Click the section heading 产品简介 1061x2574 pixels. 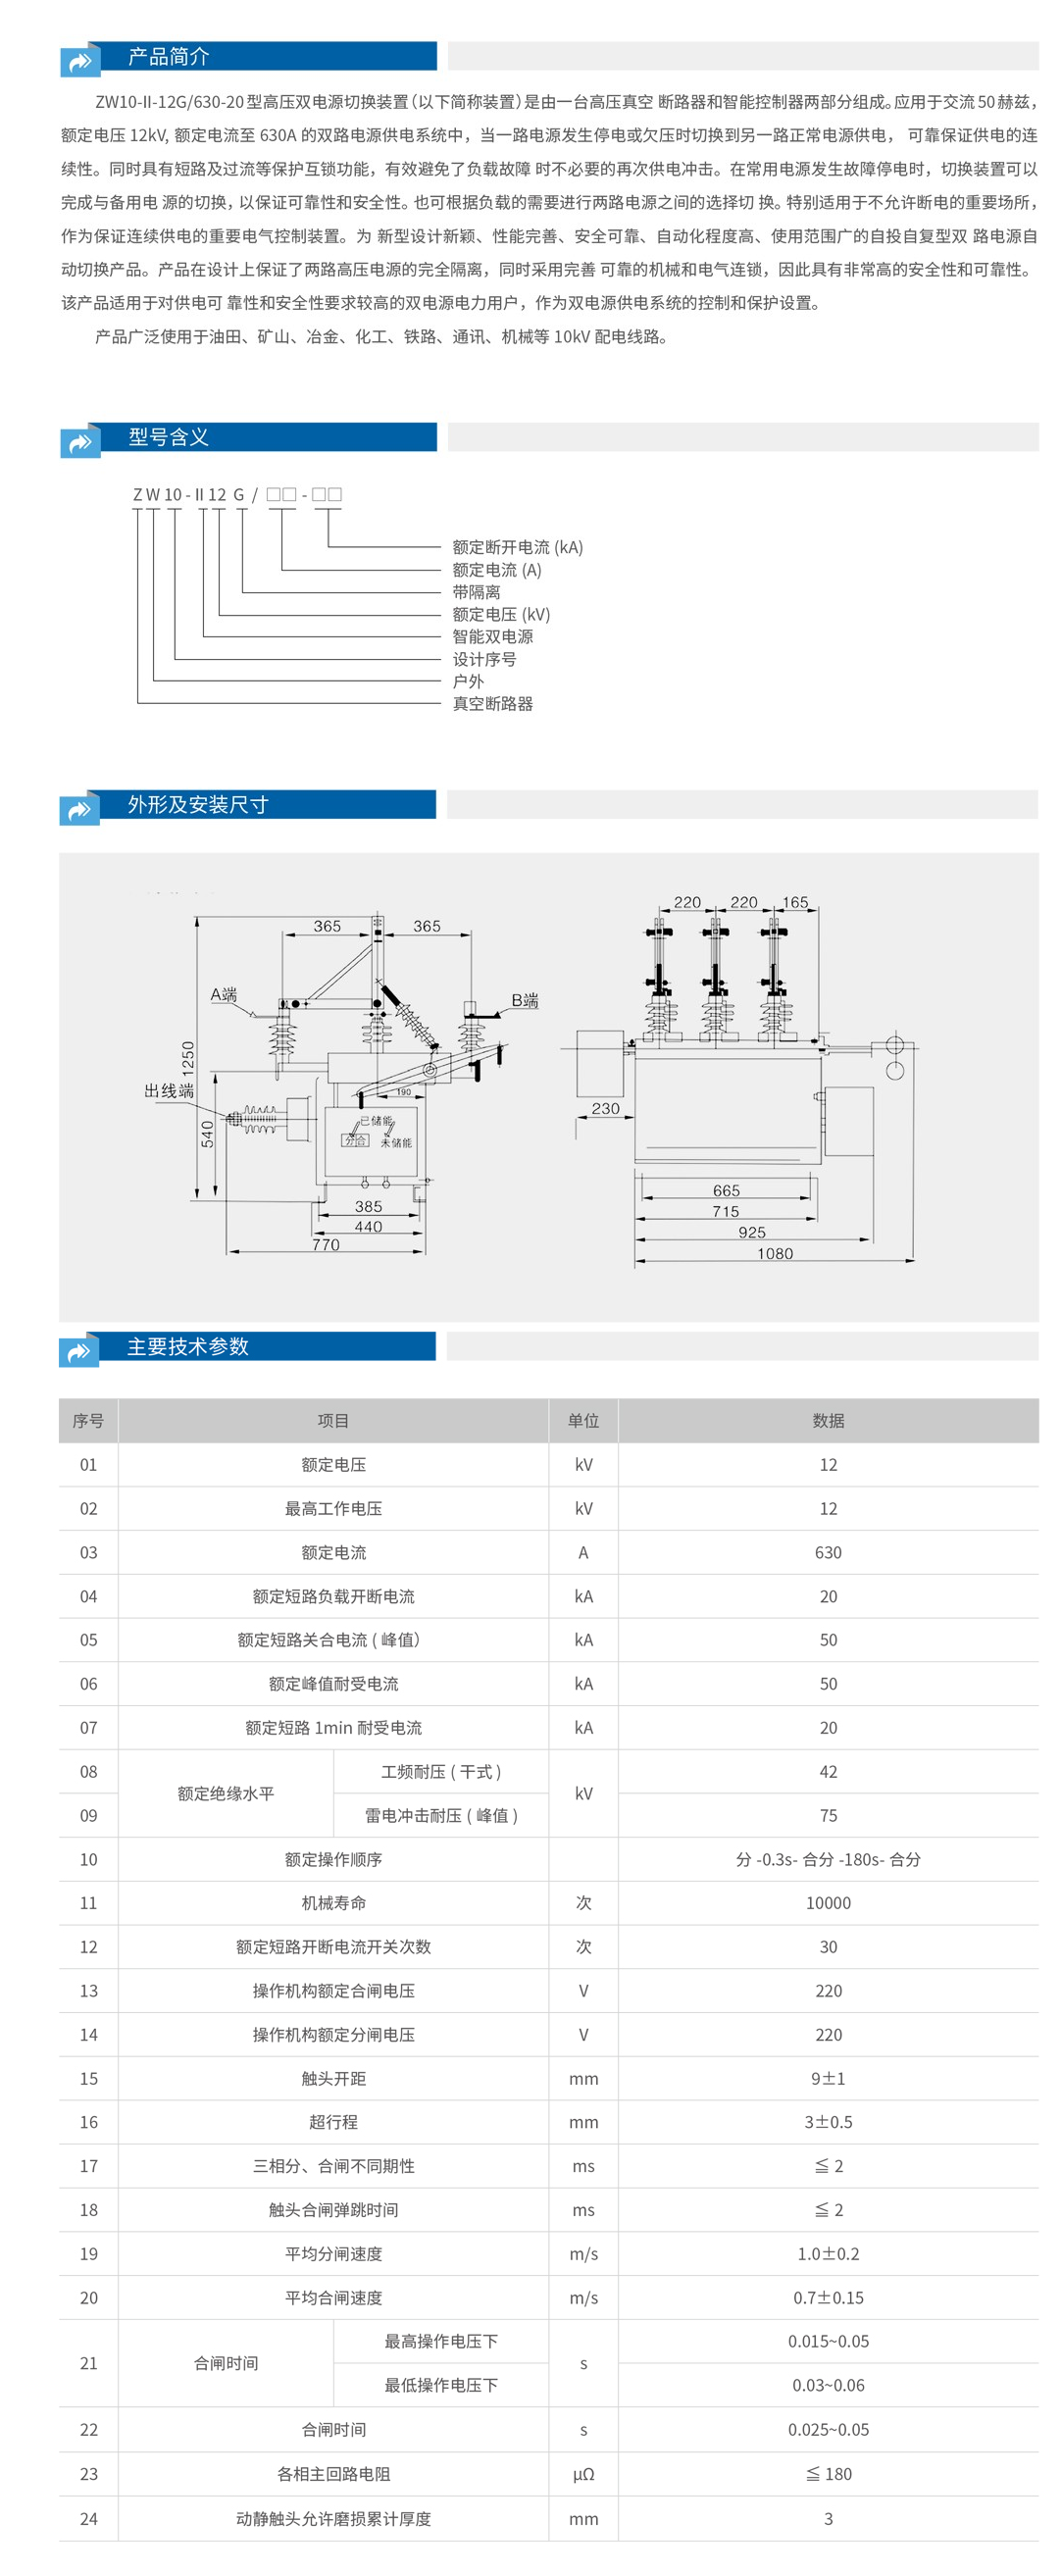[x=168, y=57]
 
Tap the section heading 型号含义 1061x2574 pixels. [x=168, y=437]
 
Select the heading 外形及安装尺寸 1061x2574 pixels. [x=197, y=805]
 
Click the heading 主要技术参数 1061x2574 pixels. [x=187, y=1347]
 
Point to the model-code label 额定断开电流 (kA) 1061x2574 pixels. [x=518, y=547]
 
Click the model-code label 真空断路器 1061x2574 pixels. [x=492, y=704]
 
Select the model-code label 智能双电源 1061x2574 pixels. [x=492, y=637]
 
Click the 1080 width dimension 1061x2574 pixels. [x=776, y=1254]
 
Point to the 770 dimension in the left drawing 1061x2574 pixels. [x=326, y=1245]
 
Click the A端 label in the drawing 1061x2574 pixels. [x=224, y=995]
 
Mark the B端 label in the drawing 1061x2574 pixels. [x=525, y=1001]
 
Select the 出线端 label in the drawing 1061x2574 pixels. [x=169, y=1091]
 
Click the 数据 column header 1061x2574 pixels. [x=829, y=1421]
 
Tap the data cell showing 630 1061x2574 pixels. [x=829, y=1553]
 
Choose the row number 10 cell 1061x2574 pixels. [x=89, y=1859]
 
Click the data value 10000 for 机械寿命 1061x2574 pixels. [x=829, y=1903]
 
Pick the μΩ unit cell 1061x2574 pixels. [x=583, y=2474]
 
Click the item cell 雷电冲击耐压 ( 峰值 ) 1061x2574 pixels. [x=440, y=1816]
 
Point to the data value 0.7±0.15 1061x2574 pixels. [x=829, y=2298]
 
